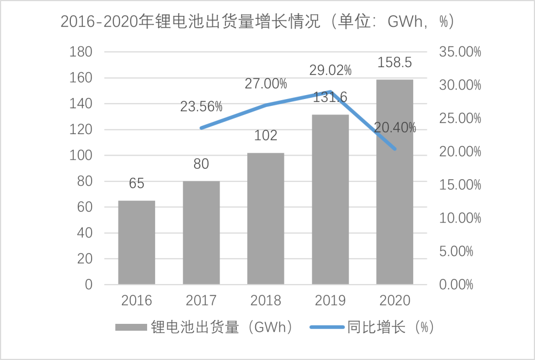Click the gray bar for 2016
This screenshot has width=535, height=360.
(136, 242)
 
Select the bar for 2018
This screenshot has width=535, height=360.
(266, 218)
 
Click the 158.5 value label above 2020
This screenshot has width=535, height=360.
(395, 63)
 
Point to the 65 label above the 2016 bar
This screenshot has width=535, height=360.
(136, 184)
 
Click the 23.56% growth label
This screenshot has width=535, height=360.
(201, 106)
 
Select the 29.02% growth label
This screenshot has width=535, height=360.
(330, 70)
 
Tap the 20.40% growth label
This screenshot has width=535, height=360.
(395, 128)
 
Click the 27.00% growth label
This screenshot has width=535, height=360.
(266, 84)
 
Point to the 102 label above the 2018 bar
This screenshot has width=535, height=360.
(266, 136)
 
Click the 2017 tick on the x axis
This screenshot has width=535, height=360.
(201, 301)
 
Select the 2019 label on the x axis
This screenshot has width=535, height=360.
(330, 301)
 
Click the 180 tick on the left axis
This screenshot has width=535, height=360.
(82, 52)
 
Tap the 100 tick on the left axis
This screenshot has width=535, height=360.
(82, 155)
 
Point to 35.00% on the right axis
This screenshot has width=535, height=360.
(460, 52)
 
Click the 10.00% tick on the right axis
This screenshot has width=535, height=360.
(460, 218)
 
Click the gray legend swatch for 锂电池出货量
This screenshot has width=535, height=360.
(131, 328)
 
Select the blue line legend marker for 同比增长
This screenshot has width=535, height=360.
(326, 328)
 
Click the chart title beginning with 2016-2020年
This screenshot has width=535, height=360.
(257, 21)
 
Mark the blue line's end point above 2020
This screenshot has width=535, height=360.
(395, 149)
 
